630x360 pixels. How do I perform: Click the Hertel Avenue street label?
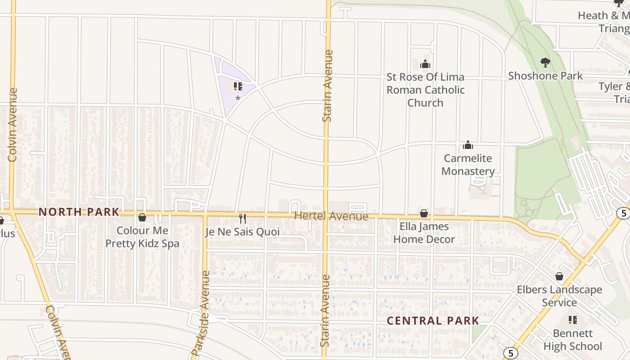point(331,216)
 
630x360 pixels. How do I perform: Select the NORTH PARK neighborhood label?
point(79,212)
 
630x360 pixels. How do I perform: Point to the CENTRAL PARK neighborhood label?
point(433,321)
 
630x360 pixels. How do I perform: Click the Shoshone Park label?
point(545,76)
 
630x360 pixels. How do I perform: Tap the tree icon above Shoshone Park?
point(545,62)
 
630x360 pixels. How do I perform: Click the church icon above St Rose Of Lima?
point(425,64)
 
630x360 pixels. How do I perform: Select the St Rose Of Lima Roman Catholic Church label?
point(425,90)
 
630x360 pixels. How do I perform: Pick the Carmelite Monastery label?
point(468,165)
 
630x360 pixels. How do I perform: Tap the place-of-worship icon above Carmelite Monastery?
point(468,145)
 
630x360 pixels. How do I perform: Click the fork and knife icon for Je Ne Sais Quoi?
point(243,219)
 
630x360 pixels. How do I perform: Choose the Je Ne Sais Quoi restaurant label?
point(243,232)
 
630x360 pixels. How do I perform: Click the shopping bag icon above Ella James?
point(424,213)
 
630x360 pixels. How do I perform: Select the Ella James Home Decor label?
point(424,233)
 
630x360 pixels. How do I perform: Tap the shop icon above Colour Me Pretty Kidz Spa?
point(142,217)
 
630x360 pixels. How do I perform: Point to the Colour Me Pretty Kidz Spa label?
point(142,237)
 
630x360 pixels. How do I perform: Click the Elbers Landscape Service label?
point(559,296)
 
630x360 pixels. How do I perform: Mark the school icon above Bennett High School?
point(572,320)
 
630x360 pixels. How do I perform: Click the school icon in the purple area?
point(238,86)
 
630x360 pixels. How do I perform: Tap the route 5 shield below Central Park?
point(510,353)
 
